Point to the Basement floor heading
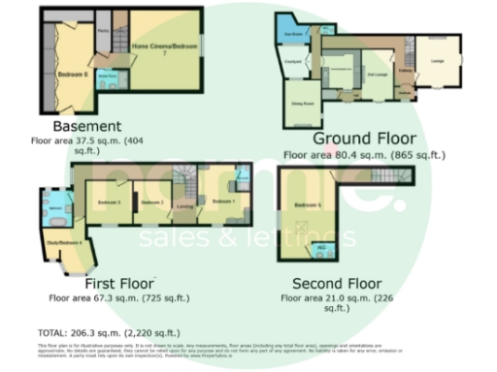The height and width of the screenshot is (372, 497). click(x=87, y=126)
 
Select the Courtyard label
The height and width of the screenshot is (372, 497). click(x=290, y=65)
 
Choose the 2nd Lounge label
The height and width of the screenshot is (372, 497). click(x=377, y=73)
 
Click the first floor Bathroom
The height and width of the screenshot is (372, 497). click(x=55, y=207)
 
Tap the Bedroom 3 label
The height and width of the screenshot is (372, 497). click(x=108, y=201)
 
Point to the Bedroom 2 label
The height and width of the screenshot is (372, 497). click(x=149, y=201)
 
